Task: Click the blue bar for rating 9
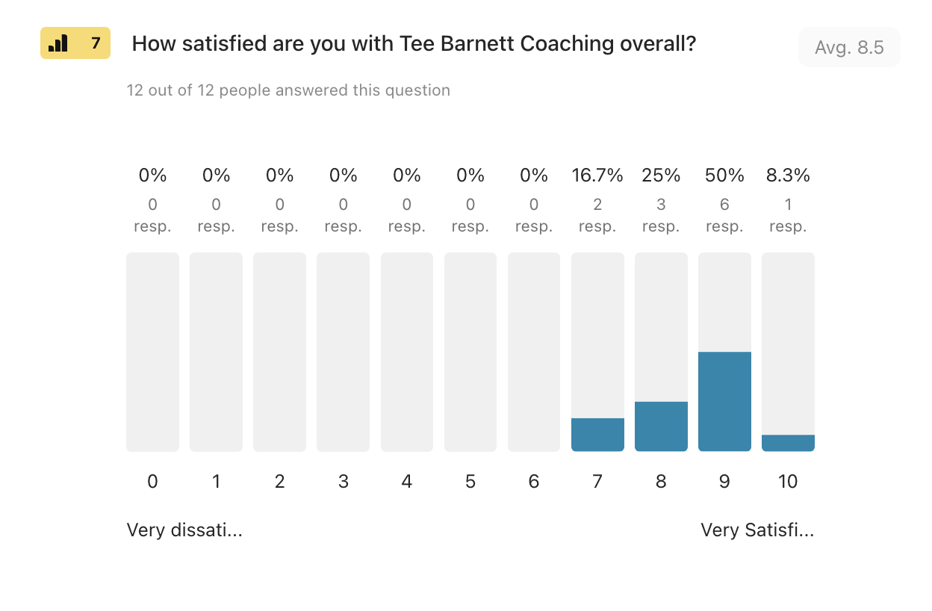coord(724,401)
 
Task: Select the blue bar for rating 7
coord(597,435)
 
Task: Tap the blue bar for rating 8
coord(661,427)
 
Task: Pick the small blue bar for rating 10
coord(788,443)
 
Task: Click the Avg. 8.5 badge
coord(849,48)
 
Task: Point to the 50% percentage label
coord(724,176)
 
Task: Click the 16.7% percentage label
coord(597,176)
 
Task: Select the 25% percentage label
coord(661,176)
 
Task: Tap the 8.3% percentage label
coord(788,176)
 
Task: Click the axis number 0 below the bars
coord(152,482)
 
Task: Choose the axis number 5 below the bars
coord(470,482)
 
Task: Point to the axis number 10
coord(788,482)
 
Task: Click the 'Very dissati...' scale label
coord(184,530)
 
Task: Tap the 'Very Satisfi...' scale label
coord(757,530)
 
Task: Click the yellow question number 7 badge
coord(75,43)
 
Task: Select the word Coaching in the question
coord(567,44)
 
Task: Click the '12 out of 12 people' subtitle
coord(288,90)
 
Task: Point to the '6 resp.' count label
coord(724,215)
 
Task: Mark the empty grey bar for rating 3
coord(343,352)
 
